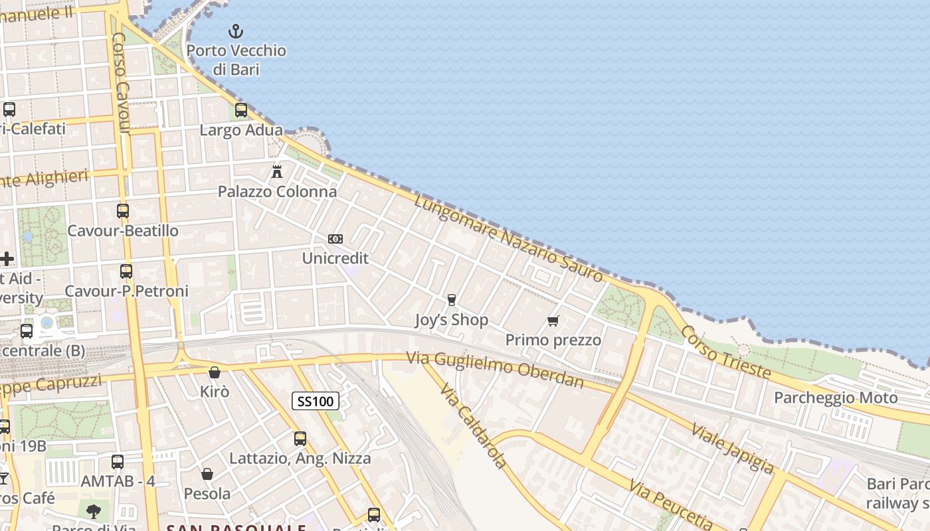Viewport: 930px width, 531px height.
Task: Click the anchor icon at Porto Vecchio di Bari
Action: click(x=235, y=31)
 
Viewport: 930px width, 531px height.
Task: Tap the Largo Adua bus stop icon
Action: click(x=241, y=110)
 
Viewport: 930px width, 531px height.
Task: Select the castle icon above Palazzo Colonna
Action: click(x=277, y=171)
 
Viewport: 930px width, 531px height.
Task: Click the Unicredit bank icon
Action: click(x=335, y=239)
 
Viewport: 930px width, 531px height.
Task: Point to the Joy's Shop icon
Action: click(x=452, y=300)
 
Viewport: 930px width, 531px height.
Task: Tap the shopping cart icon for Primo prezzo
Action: click(x=553, y=321)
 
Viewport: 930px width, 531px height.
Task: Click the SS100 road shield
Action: click(x=316, y=401)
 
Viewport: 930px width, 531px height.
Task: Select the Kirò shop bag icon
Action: click(x=215, y=373)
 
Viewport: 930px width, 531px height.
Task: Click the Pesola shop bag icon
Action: click(x=207, y=474)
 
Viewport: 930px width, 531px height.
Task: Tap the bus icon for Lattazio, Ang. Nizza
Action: click(x=300, y=439)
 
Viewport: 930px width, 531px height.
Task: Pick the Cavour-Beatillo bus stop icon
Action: click(x=123, y=211)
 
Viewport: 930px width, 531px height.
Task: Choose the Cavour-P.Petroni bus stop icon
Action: click(x=126, y=271)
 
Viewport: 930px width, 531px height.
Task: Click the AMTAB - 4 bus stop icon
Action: click(x=118, y=461)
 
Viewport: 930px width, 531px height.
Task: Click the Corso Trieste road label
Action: click(x=726, y=354)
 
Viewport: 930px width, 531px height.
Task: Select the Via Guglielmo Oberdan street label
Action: click(x=496, y=370)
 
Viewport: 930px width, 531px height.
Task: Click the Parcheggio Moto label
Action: click(x=836, y=398)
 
